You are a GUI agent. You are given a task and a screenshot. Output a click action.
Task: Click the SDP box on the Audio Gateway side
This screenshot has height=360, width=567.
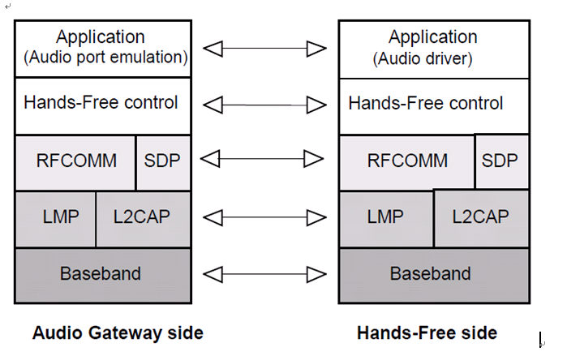[x=163, y=161]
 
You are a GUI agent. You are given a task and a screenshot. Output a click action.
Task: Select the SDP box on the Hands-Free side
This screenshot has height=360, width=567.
[x=498, y=161]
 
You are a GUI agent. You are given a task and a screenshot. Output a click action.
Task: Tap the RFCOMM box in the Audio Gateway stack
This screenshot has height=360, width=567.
[x=76, y=161]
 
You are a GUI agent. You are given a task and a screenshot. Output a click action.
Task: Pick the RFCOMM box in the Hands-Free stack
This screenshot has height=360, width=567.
[x=407, y=161]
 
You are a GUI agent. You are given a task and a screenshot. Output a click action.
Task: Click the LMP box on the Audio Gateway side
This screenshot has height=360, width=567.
[x=55, y=217]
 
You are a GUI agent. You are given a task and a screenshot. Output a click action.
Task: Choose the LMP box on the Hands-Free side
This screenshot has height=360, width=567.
[x=386, y=217]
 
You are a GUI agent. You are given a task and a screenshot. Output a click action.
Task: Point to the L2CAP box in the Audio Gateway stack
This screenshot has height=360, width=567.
[x=144, y=217]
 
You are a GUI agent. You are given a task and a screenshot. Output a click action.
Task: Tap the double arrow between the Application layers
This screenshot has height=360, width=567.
[x=264, y=49]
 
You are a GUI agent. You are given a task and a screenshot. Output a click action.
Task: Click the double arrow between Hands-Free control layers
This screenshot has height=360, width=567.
[x=264, y=105]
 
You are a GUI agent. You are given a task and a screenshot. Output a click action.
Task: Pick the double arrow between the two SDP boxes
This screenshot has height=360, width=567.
[x=264, y=159]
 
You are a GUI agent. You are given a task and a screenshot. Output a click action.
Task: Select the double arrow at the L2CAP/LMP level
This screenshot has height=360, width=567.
[x=264, y=217]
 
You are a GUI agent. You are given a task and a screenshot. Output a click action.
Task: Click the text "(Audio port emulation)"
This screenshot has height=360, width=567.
[x=105, y=58]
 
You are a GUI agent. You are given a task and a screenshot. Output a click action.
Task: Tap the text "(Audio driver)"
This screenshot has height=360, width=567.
[x=422, y=58]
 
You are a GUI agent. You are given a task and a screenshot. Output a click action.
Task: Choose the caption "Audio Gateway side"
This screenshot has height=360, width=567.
[x=118, y=333]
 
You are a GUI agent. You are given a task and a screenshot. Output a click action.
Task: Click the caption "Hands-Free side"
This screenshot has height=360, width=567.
[x=427, y=333]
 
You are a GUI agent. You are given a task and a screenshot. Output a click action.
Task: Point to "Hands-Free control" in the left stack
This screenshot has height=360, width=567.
[x=101, y=104]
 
